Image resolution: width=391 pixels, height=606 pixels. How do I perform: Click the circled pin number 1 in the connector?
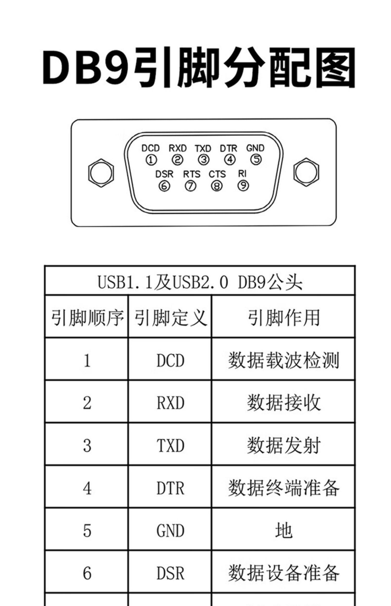[x=151, y=160]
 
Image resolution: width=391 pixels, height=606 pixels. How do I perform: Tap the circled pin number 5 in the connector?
[x=256, y=159]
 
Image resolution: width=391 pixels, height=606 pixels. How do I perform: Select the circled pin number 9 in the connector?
[x=243, y=186]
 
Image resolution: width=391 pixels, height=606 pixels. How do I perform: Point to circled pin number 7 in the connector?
[x=190, y=186]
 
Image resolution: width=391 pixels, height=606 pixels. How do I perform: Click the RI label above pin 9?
[x=242, y=173]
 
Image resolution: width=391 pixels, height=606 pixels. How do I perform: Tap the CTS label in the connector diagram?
[x=217, y=174]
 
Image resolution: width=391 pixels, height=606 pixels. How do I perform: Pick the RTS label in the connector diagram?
[x=192, y=174]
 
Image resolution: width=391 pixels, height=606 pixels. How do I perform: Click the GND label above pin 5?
[x=255, y=148]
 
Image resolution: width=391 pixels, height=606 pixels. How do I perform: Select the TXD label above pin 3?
[x=203, y=148]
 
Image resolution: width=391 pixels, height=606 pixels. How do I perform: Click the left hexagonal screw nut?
[x=101, y=173]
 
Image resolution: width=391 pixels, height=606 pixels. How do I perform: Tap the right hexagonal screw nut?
[x=306, y=172]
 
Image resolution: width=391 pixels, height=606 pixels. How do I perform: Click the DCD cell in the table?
[x=170, y=360]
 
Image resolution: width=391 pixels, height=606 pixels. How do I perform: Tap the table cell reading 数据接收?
[x=283, y=403]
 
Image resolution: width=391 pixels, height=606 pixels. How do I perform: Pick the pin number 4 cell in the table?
[x=87, y=488]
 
